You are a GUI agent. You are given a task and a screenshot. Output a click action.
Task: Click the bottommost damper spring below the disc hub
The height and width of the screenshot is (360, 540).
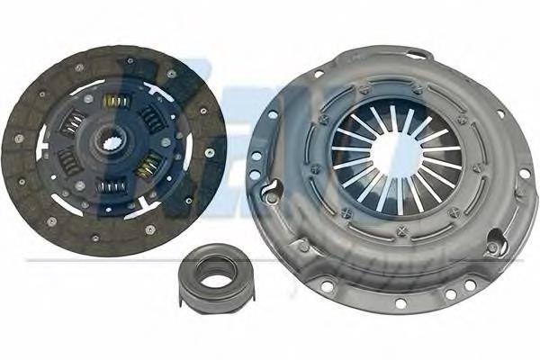tap(112, 187)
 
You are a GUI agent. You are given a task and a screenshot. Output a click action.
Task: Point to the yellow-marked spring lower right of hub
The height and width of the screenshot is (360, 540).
tap(147, 166)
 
